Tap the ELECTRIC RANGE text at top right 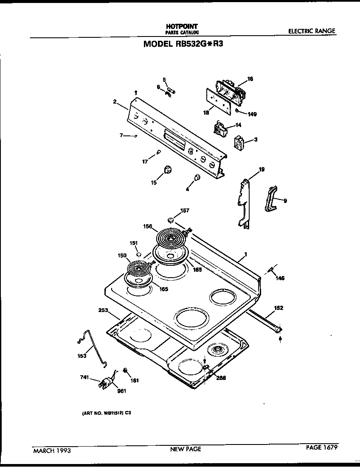(312, 31)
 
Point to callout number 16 (250, 79)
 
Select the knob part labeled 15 (168, 170)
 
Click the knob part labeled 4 (197, 177)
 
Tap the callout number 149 (252, 114)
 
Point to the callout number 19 (262, 169)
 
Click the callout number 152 (279, 307)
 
